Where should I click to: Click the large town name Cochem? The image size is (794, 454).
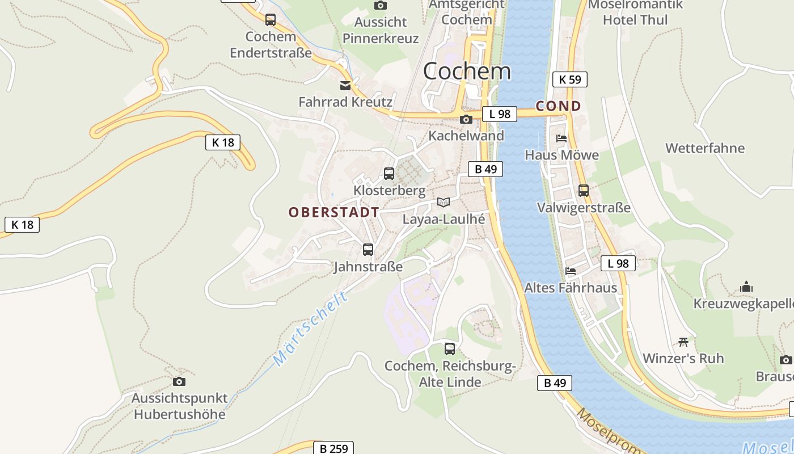(x=467, y=72)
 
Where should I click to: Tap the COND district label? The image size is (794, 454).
(x=559, y=106)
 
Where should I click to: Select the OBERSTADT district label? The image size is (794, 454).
(x=334, y=213)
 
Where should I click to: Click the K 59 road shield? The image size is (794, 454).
(x=570, y=79)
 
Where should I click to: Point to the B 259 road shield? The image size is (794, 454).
(x=333, y=449)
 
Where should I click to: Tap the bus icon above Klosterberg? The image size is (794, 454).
(x=389, y=174)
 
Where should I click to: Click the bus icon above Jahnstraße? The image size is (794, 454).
(x=368, y=250)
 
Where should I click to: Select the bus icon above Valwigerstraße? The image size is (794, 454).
(x=584, y=191)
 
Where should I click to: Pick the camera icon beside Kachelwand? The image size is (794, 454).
(x=466, y=119)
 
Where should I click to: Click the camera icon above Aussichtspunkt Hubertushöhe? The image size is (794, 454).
(x=179, y=381)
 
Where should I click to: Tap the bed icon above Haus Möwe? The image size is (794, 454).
(x=561, y=138)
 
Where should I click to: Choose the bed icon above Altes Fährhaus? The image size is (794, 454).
(x=571, y=271)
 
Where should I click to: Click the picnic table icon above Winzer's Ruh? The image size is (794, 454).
(x=683, y=342)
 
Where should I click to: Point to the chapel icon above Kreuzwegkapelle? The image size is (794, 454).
(x=746, y=287)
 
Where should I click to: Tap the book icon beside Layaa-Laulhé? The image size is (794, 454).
(x=444, y=203)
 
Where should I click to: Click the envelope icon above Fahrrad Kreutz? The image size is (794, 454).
(x=345, y=86)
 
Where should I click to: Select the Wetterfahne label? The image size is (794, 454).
(x=705, y=149)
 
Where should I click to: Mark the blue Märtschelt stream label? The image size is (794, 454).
(x=310, y=329)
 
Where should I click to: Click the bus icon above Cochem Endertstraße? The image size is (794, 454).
(x=271, y=20)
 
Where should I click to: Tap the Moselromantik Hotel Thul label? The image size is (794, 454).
(x=635, y=12)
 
